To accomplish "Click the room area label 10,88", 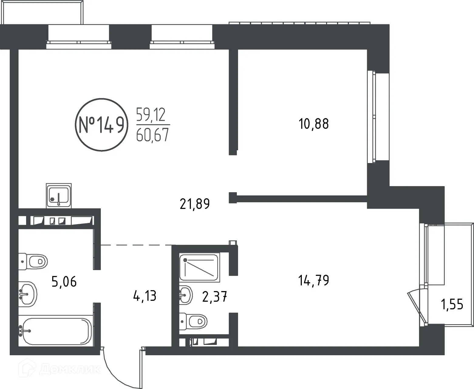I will (314, 124).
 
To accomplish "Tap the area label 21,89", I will (195, 204).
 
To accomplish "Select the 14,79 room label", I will (314, 280).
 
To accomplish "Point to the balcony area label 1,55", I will (452, 304).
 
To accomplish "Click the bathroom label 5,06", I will (64, 282).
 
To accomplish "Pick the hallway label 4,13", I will (145, 295).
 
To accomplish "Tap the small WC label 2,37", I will (215, 296).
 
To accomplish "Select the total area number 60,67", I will (152, 135).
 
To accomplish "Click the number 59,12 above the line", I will (151, 115).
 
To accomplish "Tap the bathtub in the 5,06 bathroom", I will (56, 331).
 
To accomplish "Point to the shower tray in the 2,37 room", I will (199, 267).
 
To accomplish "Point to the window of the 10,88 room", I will (371, 116).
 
